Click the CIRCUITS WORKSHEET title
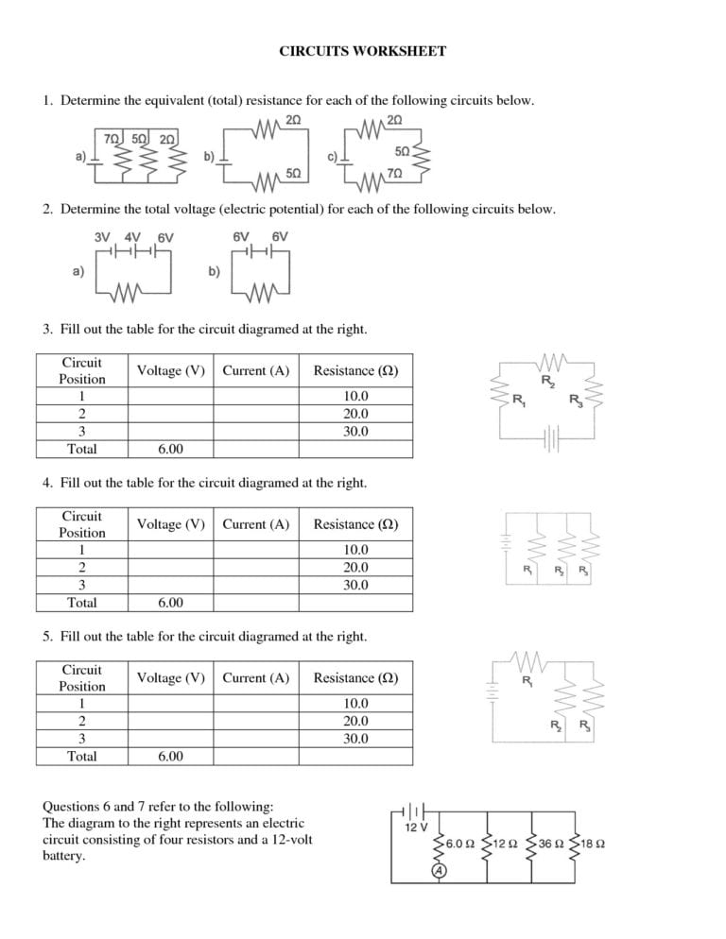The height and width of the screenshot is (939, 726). pos(362,51)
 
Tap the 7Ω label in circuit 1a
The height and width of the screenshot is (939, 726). pos(111,139)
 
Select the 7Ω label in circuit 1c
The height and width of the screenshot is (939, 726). pos(394,173)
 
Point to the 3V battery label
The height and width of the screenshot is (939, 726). pos(103,237)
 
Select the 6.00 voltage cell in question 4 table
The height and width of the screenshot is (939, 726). pos(170,603)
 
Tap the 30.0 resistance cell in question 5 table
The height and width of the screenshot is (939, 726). pos(355,739)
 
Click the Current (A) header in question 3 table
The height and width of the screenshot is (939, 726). pos(255,371)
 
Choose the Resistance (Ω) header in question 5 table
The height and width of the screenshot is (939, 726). pos(355,678)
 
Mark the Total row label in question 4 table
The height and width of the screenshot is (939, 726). pos(82,603)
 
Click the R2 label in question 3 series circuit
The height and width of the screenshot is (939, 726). pos(547,381)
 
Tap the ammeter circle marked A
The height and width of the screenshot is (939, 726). pos(439,870)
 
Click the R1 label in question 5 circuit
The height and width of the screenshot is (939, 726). pos(526,681)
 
